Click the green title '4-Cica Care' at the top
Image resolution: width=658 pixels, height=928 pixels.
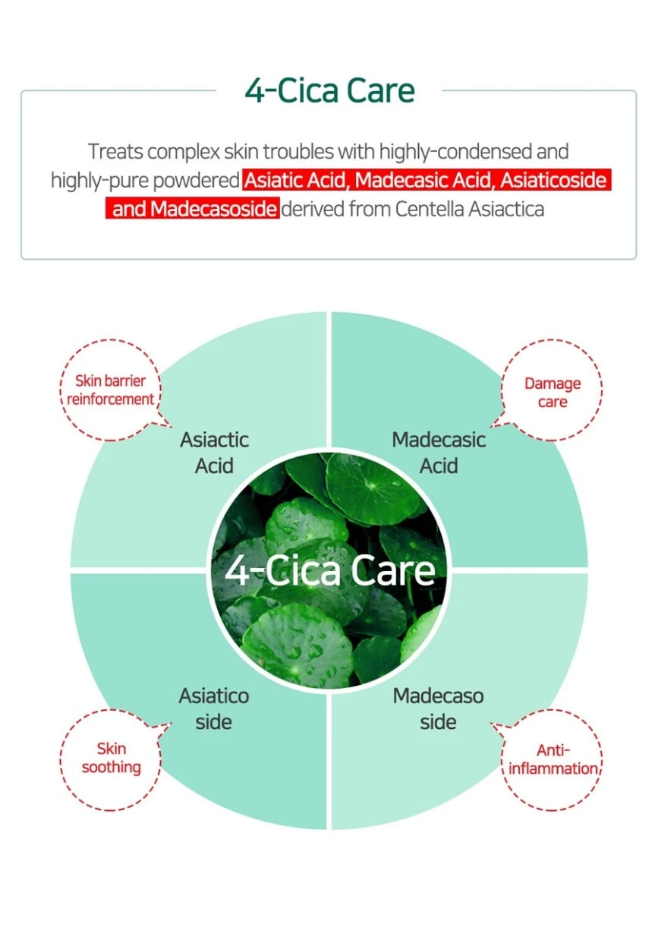pyautogui.click(x=329, y=90)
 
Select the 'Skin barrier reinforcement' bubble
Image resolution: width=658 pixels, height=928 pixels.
pyautogui.click(x=110, y=390)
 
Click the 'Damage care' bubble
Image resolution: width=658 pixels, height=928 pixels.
pyautogui.click(x=552, y=392)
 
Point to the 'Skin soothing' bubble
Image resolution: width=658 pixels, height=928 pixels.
pyautogui.click(x=111, y=758)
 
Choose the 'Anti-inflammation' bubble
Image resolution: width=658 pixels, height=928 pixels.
pyautogui.click(x=553, y=759)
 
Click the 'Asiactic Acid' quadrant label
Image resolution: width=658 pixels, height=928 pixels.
pyautogui.click(x=214, y=453)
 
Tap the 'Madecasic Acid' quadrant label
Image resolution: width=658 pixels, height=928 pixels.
pyautogui.click(x=439, y=453)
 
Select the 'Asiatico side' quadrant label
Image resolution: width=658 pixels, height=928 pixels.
pyautogui.click(x=214, y=708)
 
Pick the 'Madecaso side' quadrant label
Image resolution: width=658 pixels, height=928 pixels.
pyautogui.click(x=439, y=708)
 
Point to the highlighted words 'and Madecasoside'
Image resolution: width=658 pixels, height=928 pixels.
pyautogui.click(x=194, y=208)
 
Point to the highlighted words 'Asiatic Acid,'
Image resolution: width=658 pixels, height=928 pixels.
pyautogui.click(x=298, y=180)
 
